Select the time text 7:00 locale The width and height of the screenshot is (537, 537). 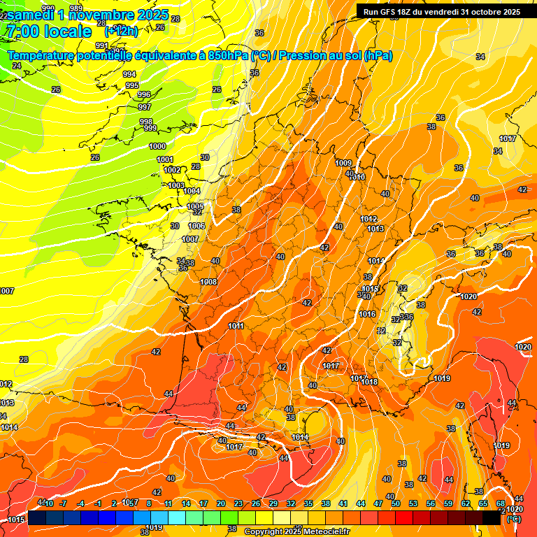pyautogui.click(x=48, y=31)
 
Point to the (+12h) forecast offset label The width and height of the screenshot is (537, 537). pyautogui.click(x=121, y=31)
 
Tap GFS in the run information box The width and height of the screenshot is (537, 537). pyautogui.click(x=399, y=11)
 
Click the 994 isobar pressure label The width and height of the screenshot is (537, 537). pyautogui.click(x=129, y=74)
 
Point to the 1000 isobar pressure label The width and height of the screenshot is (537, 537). pyautogui.click(x=157, y=146)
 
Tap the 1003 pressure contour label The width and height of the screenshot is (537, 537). pyautogui.click(x=176, y=185)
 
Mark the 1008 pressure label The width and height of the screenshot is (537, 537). pyautogui.click(x=208, y=282)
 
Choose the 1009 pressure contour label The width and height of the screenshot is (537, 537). pyautogui.click(x=343, y=163)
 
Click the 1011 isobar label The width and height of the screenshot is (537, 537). pyautogui.click(x=236, y=326)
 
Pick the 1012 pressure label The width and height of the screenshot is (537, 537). pyautogui.click(x=369, y=219)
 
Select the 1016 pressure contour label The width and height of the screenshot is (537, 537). pyautogui.click(x=367, y=314)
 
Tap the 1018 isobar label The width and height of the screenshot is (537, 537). pyautogui.click(x=369, y=382)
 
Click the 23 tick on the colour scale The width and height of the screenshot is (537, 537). pyautogui.click(x=238, y=503)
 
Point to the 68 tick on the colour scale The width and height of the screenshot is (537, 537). pyautogui.click(x=500, y=503)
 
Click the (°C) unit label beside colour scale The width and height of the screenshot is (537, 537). pyautogui.click(x=514, y=519)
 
